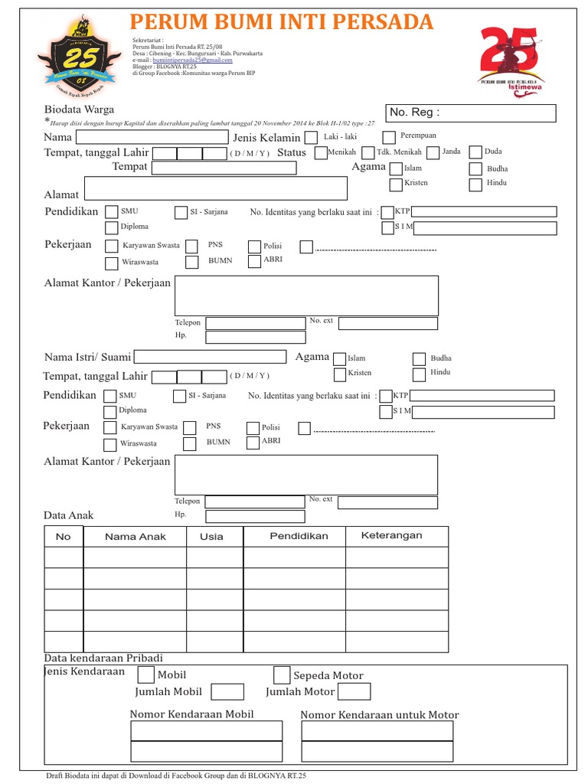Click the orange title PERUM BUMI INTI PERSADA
click(x=282, y=22)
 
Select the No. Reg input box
click(x=472, y=113)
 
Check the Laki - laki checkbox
click(x=311, y=138)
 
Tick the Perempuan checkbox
click(x=389, y=138)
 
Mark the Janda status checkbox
click(x=433, y=152)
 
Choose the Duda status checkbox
click(x=475, y=152)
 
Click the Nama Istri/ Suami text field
click(x=211, y=356)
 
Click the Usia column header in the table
click(x=211, y=536)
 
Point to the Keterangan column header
click(x=391, y=535)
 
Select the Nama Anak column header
click(x=136, y=536)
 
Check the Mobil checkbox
click(x=145, y=675)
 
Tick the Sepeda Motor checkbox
click(x=282, y=675)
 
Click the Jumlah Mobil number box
click(x=227, y=692)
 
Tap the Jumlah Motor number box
click(x=354, y=692)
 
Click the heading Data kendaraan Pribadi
click(x=103, y=658)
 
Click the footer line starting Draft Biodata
click(x=175, y=776)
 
